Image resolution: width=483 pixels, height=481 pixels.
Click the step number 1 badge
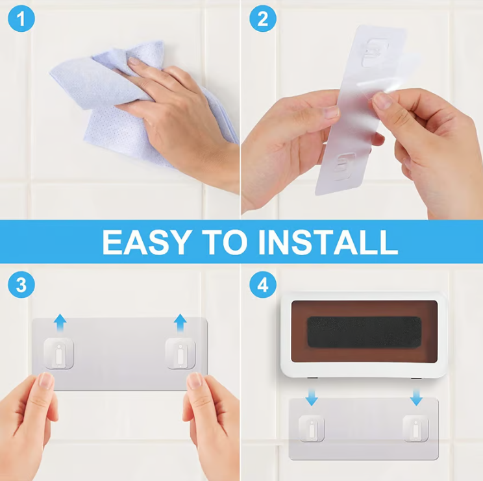(21, 18)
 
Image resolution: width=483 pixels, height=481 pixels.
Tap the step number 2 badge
(263, 18)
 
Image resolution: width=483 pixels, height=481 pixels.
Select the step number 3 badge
(21, 284)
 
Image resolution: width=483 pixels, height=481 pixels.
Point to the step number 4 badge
(263, 284)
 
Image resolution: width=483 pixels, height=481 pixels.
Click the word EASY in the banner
(145, 242)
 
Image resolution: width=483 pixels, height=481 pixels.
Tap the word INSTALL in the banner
(328, 242)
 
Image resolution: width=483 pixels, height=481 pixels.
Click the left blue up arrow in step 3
(60, 323)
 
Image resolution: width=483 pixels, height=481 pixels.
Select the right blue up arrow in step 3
(180, 323)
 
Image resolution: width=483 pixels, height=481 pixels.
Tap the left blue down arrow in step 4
(312, 397)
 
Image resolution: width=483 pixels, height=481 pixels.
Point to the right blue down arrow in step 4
(416, 397)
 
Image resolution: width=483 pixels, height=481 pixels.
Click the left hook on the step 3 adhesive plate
(58, 354)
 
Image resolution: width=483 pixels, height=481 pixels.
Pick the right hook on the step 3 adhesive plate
(180, 354)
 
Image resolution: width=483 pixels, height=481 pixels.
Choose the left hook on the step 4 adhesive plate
(312, 428)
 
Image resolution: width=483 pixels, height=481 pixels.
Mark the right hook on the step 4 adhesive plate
(415, 428)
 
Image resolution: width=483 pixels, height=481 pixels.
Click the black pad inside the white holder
(364, 332)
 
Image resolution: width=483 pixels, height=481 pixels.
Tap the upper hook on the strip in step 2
(374, 53)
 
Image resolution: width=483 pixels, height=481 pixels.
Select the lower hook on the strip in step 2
(344, 166)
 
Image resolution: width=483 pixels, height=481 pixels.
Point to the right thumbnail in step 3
(195, 380)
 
